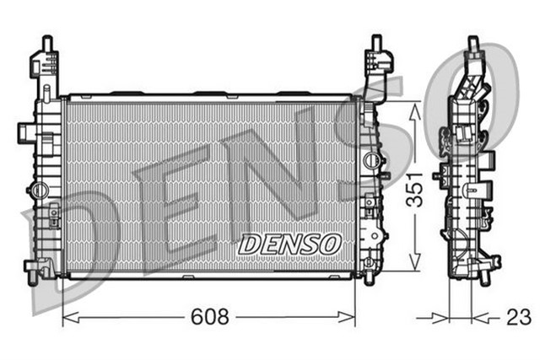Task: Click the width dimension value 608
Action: click(x=210, y=317)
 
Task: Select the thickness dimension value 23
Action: click(x=519, y=318)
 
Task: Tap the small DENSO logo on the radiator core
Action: click(x=289, y=243)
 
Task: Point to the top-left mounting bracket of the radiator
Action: click(x=43, y=64)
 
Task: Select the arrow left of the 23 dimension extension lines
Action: click(x=438, y=318)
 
